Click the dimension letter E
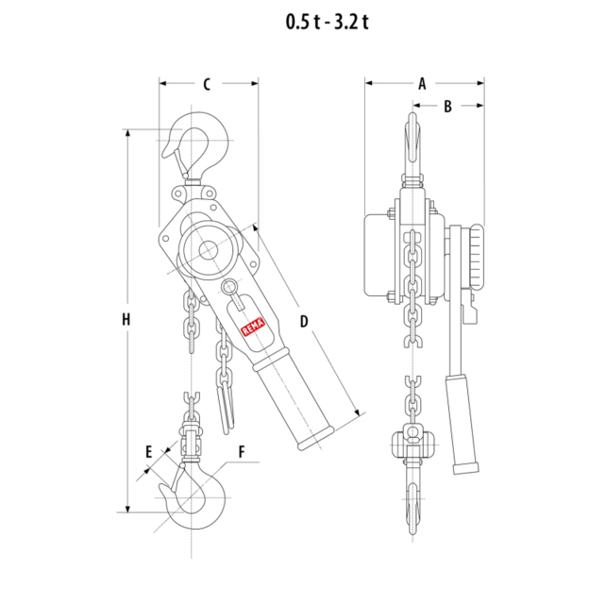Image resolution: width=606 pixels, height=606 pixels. (x=149, y=452)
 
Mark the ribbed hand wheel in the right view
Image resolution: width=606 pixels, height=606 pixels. (x=477, y=259)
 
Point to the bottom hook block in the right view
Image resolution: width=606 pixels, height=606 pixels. (x=413, y=444)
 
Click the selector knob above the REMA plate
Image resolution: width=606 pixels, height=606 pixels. (x=230, y=287)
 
